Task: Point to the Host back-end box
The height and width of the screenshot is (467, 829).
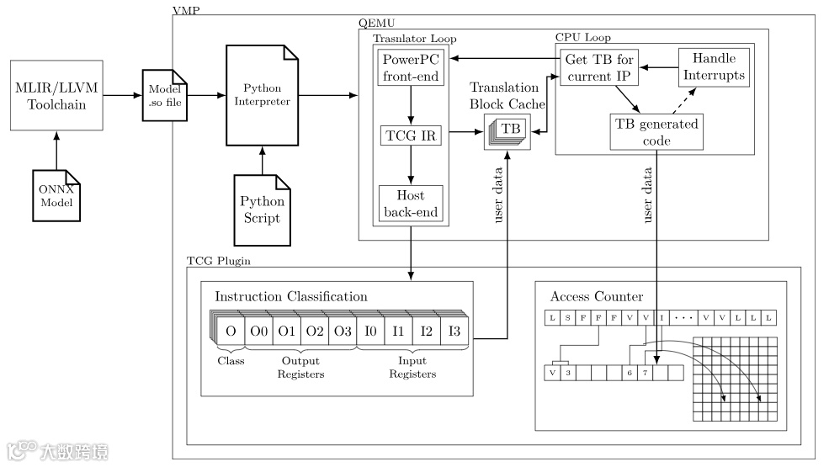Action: pyautogui.click(x=410, y=204)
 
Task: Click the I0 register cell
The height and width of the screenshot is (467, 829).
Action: pyautogui.click(x=369, y=331)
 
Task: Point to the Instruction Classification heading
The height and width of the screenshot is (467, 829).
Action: pyautogui.click(x=291, y=297)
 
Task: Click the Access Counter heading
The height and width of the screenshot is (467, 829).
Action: pyautogui.click(x=596, y=296)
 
